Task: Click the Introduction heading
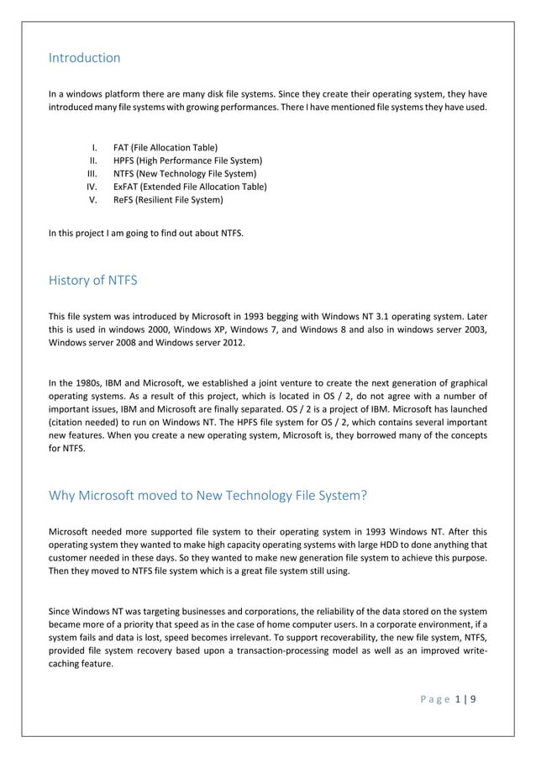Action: tap(84, 58)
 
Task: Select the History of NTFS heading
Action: tap(93, 281)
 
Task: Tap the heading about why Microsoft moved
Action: tap(208, 495)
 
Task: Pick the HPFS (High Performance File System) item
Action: tap(187, 161)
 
